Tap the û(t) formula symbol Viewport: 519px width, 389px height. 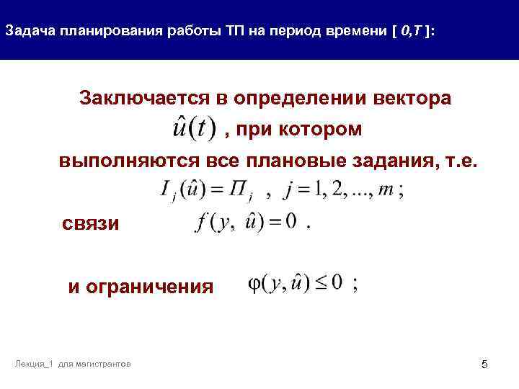(x=194, y=130)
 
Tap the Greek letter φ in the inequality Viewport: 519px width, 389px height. (x=255, y=285)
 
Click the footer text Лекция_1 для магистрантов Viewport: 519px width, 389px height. (x=72, y=365)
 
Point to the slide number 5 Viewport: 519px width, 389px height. (x=484, y=365)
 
